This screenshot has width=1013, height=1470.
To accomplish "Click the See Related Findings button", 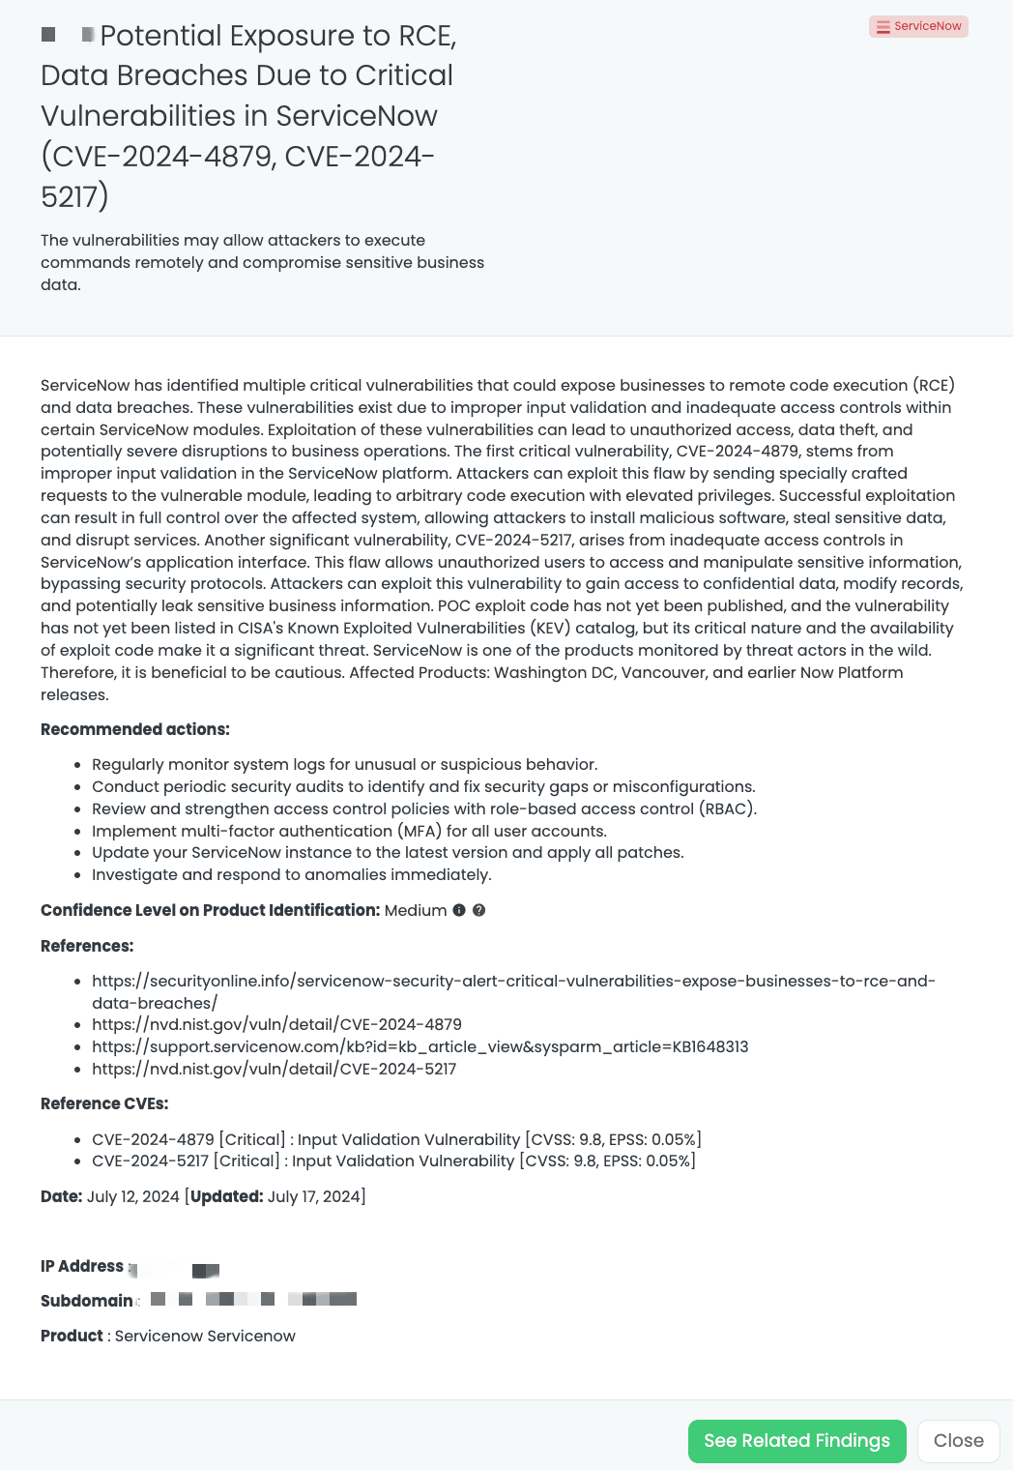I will (x=796, y=1441).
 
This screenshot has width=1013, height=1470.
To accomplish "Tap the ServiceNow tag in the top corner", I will (x=918, y=26).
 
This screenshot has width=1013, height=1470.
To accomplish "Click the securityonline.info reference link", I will (x=512, y=982).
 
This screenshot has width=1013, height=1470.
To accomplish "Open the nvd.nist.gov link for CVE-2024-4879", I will (x=276, y=1024).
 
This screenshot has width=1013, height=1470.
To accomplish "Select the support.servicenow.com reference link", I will (x=420, y=1046).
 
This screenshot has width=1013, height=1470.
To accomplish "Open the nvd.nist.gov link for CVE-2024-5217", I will (x=274, y=1069).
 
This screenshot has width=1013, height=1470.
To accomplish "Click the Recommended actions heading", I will (x=135, y=729).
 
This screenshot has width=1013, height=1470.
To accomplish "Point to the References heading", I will (x=87, y=946).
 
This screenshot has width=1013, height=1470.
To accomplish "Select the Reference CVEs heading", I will (x=104, y=1103).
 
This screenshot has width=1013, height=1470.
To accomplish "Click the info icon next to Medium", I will (x=459, y=910).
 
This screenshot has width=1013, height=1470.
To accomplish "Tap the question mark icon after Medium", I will (x=478, y=910).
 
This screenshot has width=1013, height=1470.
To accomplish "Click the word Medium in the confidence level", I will (x=416, y=910).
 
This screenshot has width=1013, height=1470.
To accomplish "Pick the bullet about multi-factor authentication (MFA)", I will (x=349, y=831).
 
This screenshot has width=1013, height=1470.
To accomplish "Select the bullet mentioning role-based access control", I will (x=423, y=808).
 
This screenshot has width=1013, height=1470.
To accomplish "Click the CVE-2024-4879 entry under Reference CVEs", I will (x=396, y=1139).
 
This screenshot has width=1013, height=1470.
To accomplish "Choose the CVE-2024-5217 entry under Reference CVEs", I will (x=393, y=1161).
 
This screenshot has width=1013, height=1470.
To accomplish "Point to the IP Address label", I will (x=82, y=1266).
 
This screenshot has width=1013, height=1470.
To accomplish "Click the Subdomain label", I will (x=87, y=1301).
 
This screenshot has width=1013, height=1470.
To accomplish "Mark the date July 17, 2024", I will (x=313, y=1196).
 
